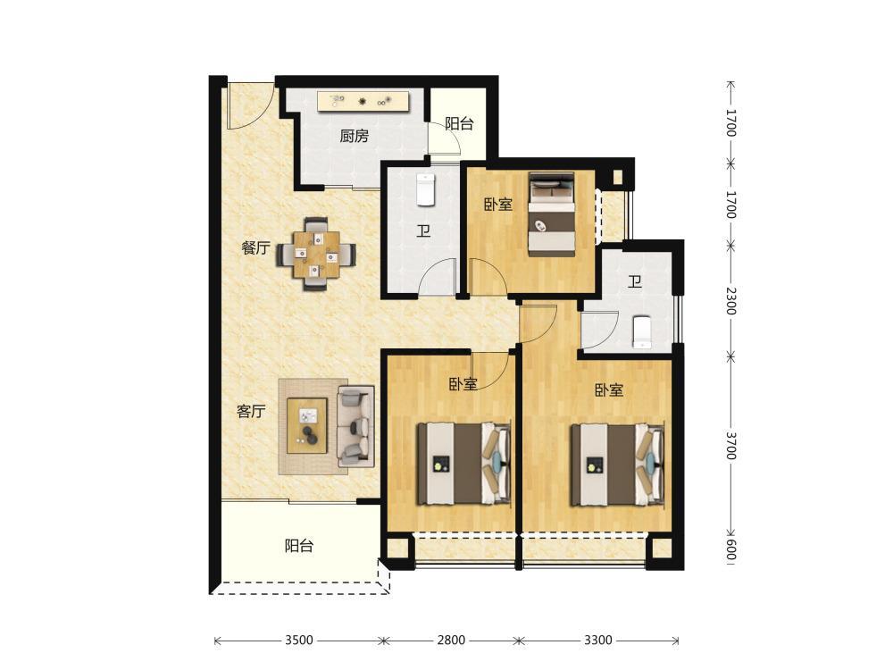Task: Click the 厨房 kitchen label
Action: click(354, 136)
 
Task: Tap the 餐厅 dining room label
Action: click(255, 247)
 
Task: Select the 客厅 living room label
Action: click(251, 411)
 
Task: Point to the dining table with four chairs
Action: click(317, 254)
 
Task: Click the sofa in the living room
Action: click(355, 423)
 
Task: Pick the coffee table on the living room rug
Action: click(307, 425)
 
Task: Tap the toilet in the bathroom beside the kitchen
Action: click(426, 189)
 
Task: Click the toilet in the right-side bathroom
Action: click(642, 331)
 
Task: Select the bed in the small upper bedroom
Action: click(551, 213)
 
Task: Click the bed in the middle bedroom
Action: click(463, 463)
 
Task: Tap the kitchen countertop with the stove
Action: click(363, 102)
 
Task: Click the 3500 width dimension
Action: click(299, 640)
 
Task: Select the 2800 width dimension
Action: click(451, 640)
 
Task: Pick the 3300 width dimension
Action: click(598, 640)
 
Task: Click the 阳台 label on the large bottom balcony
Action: click(299, 546)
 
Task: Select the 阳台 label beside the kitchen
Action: click(459, 123)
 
